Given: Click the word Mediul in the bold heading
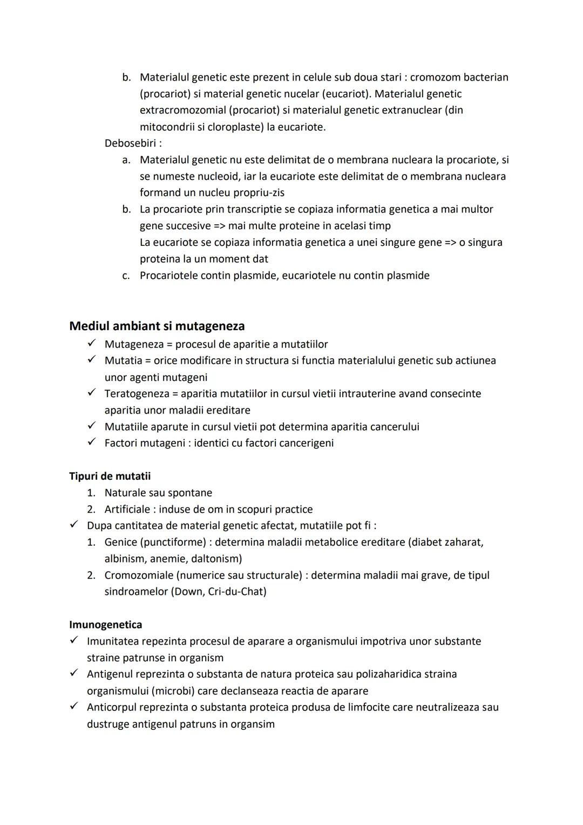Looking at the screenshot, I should pyautogui.click(x=88, y=326).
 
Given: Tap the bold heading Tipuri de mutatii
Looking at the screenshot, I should pyautogui.click(x=110, y=476).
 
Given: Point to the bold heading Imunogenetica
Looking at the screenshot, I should pyautogui.click(x=105, y=625).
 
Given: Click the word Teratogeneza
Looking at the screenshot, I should pyautogui.click(x=137, y=393).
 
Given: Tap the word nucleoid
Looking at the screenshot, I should pyautogui.click(x=219, y=176).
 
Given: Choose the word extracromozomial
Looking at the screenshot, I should pyautogui.click(x=182, y=110).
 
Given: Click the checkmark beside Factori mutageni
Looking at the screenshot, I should pyautogui.click(x=92, y=442).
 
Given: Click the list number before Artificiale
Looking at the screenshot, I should pyautogui.click(x=91, y=509).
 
